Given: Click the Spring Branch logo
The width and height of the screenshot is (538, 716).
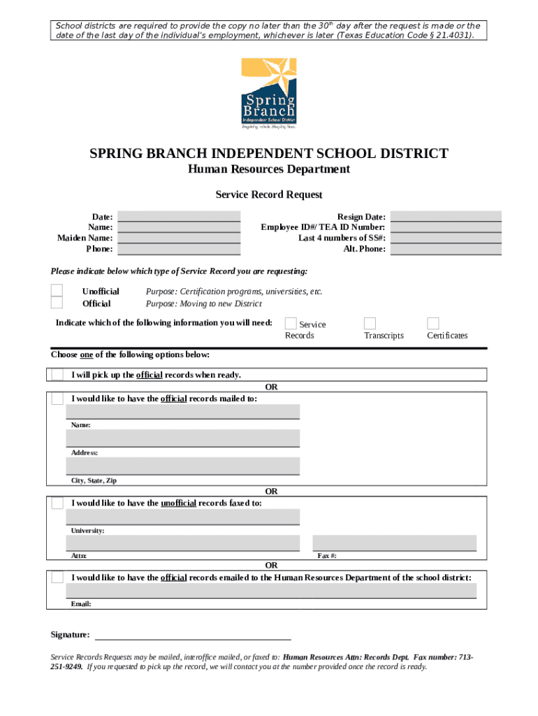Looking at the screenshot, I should click(268, 94).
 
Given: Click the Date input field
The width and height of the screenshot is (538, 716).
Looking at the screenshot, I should click(179, 217).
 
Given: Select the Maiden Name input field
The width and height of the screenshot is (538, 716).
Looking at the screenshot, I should click(179, 238).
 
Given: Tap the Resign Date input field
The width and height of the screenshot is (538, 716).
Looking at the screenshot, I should click(446, 217).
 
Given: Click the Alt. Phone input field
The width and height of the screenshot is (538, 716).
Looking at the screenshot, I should click(446, 249).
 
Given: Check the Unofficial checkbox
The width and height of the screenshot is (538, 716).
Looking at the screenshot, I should click(57, 291).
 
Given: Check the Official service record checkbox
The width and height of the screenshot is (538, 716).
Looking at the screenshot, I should click(57, 303).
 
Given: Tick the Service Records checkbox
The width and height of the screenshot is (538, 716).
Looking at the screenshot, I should click(290, 323).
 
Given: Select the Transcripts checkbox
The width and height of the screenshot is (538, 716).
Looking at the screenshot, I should click(370, 323).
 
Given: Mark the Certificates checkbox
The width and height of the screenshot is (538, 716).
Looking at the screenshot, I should click(433, 323).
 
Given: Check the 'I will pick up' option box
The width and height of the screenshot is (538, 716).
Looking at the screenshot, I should click(57, 375).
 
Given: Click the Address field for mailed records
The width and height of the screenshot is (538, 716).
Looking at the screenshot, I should click(183, 438).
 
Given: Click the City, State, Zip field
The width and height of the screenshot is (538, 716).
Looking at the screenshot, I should click(183, 466).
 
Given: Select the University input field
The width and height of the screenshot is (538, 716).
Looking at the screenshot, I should click(183, 517).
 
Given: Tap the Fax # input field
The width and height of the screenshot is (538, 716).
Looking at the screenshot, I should click(394, 543).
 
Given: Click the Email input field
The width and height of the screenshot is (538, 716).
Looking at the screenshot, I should click(272, 591).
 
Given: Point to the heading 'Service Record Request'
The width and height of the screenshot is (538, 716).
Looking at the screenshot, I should click(268, 195).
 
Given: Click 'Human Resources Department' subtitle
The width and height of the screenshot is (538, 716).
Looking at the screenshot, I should click(268, 170).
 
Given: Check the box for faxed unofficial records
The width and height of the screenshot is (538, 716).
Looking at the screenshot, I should click(57, 503).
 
